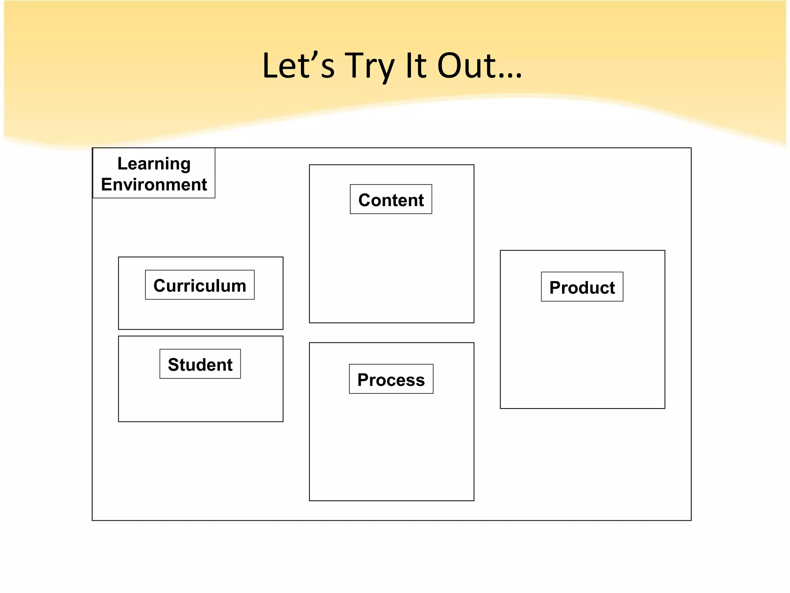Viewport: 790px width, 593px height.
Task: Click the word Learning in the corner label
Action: coord(154,164)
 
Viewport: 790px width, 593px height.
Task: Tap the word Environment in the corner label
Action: coord(154,185)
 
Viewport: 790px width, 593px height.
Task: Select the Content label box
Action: coord(391,200)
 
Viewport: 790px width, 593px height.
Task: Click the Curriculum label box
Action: coord(199,285)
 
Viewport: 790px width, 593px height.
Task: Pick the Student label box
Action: coord(200,364)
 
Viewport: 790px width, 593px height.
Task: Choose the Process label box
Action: coord(391,380)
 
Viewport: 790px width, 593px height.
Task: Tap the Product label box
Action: coord(582,287)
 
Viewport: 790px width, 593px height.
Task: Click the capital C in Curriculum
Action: coord(160,286)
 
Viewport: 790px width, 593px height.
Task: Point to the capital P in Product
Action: coord(555,288)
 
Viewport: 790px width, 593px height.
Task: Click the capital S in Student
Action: coord(174,365)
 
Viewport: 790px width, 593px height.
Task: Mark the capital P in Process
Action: coord(363,380)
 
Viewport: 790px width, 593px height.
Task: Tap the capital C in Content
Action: coord(365,200)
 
